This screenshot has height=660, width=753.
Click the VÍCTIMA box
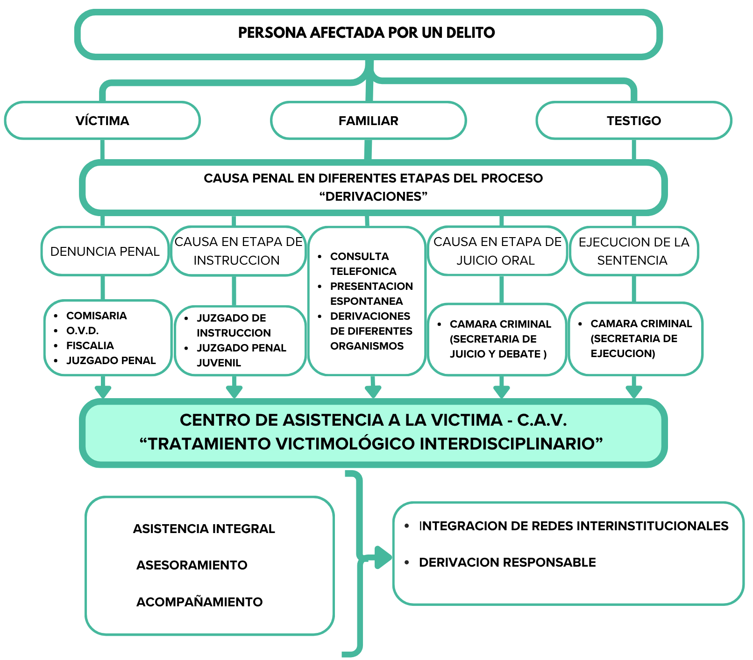pyautogui.click(x=102, y=120)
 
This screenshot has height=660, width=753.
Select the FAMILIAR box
pyautogui.click(x=368, y=120)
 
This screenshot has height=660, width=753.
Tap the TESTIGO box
pyautogui.click(x=634, y=120)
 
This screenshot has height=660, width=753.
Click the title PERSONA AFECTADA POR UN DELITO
pyautogui.click(x=367, y=33)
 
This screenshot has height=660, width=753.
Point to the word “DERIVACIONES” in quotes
pyautogui.click(x=374, y=197)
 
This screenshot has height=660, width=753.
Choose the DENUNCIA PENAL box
pyautogui.click(x=105, y=252)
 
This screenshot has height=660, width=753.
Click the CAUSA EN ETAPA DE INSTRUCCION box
pyautogui.click(x=238, y=251)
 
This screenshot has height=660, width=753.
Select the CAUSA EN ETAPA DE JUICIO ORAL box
pyautogui.click(x=497, y=251)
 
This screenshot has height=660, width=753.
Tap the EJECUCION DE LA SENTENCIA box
pyautogui.click(x=634, y=251)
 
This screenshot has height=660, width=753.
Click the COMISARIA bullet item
pyautogui.click(x=96, y=316)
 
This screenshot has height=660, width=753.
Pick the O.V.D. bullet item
pyautogui.click(x=82, y=331)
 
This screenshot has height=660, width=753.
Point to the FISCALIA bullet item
pyautogui.click(x=90, y=346)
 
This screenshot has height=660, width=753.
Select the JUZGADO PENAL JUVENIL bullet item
pyautogui.click(x=241, y=355)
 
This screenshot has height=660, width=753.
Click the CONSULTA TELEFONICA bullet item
pyautogui.click(x=362, y=264)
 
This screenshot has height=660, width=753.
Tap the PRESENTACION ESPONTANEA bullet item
pyautogui.click(x=371, y=294)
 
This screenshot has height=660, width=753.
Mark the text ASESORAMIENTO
pyautogui.click(x=192, y=565)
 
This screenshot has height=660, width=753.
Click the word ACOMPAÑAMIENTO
pyautogui.click(x=199, y=602)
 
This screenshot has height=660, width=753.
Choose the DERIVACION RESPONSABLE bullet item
pyautogui.click(x=507, y=562)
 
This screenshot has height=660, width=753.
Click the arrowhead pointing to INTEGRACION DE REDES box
pyautogui.click(x=383, y=557)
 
